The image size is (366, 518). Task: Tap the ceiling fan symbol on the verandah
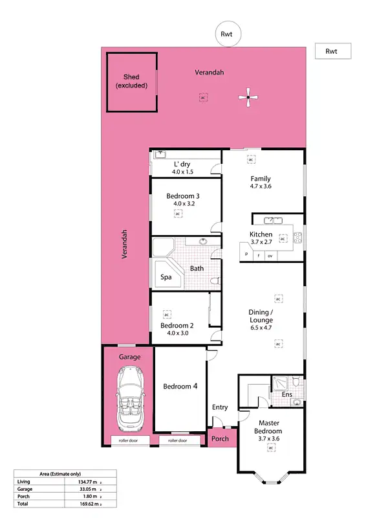coord(248,98)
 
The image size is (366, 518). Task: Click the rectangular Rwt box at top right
coord(332,51)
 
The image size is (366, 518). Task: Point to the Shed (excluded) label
coord(131,82)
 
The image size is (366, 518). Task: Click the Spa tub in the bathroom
coord(167,277)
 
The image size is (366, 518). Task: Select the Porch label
coord(220,438)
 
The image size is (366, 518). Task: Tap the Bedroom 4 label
coord(180,387)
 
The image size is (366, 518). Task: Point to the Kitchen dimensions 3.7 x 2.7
coord(261,243)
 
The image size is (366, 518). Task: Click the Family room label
coord(261,179)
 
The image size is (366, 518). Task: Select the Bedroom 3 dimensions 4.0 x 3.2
coord(183,203)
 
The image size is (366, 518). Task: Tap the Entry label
coord(220,407)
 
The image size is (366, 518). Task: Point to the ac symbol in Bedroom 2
coord(166,313)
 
